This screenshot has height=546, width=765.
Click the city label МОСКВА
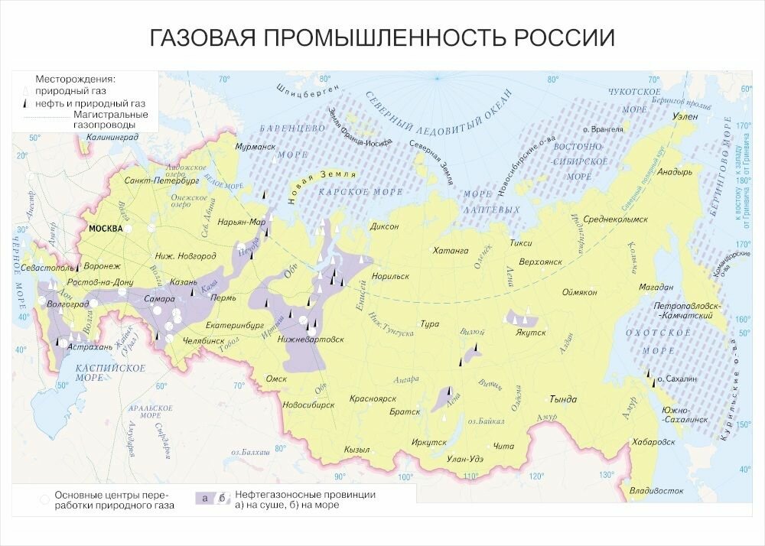pos(106,229)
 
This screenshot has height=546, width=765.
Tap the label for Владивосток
pos(655,490)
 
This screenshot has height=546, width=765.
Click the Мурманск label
pos(256,145)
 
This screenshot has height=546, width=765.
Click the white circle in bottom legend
pos(44,499)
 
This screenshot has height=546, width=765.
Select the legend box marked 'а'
pos(204,499)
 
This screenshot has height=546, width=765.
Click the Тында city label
pos(563,399)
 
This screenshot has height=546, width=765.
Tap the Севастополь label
pos(48,269)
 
